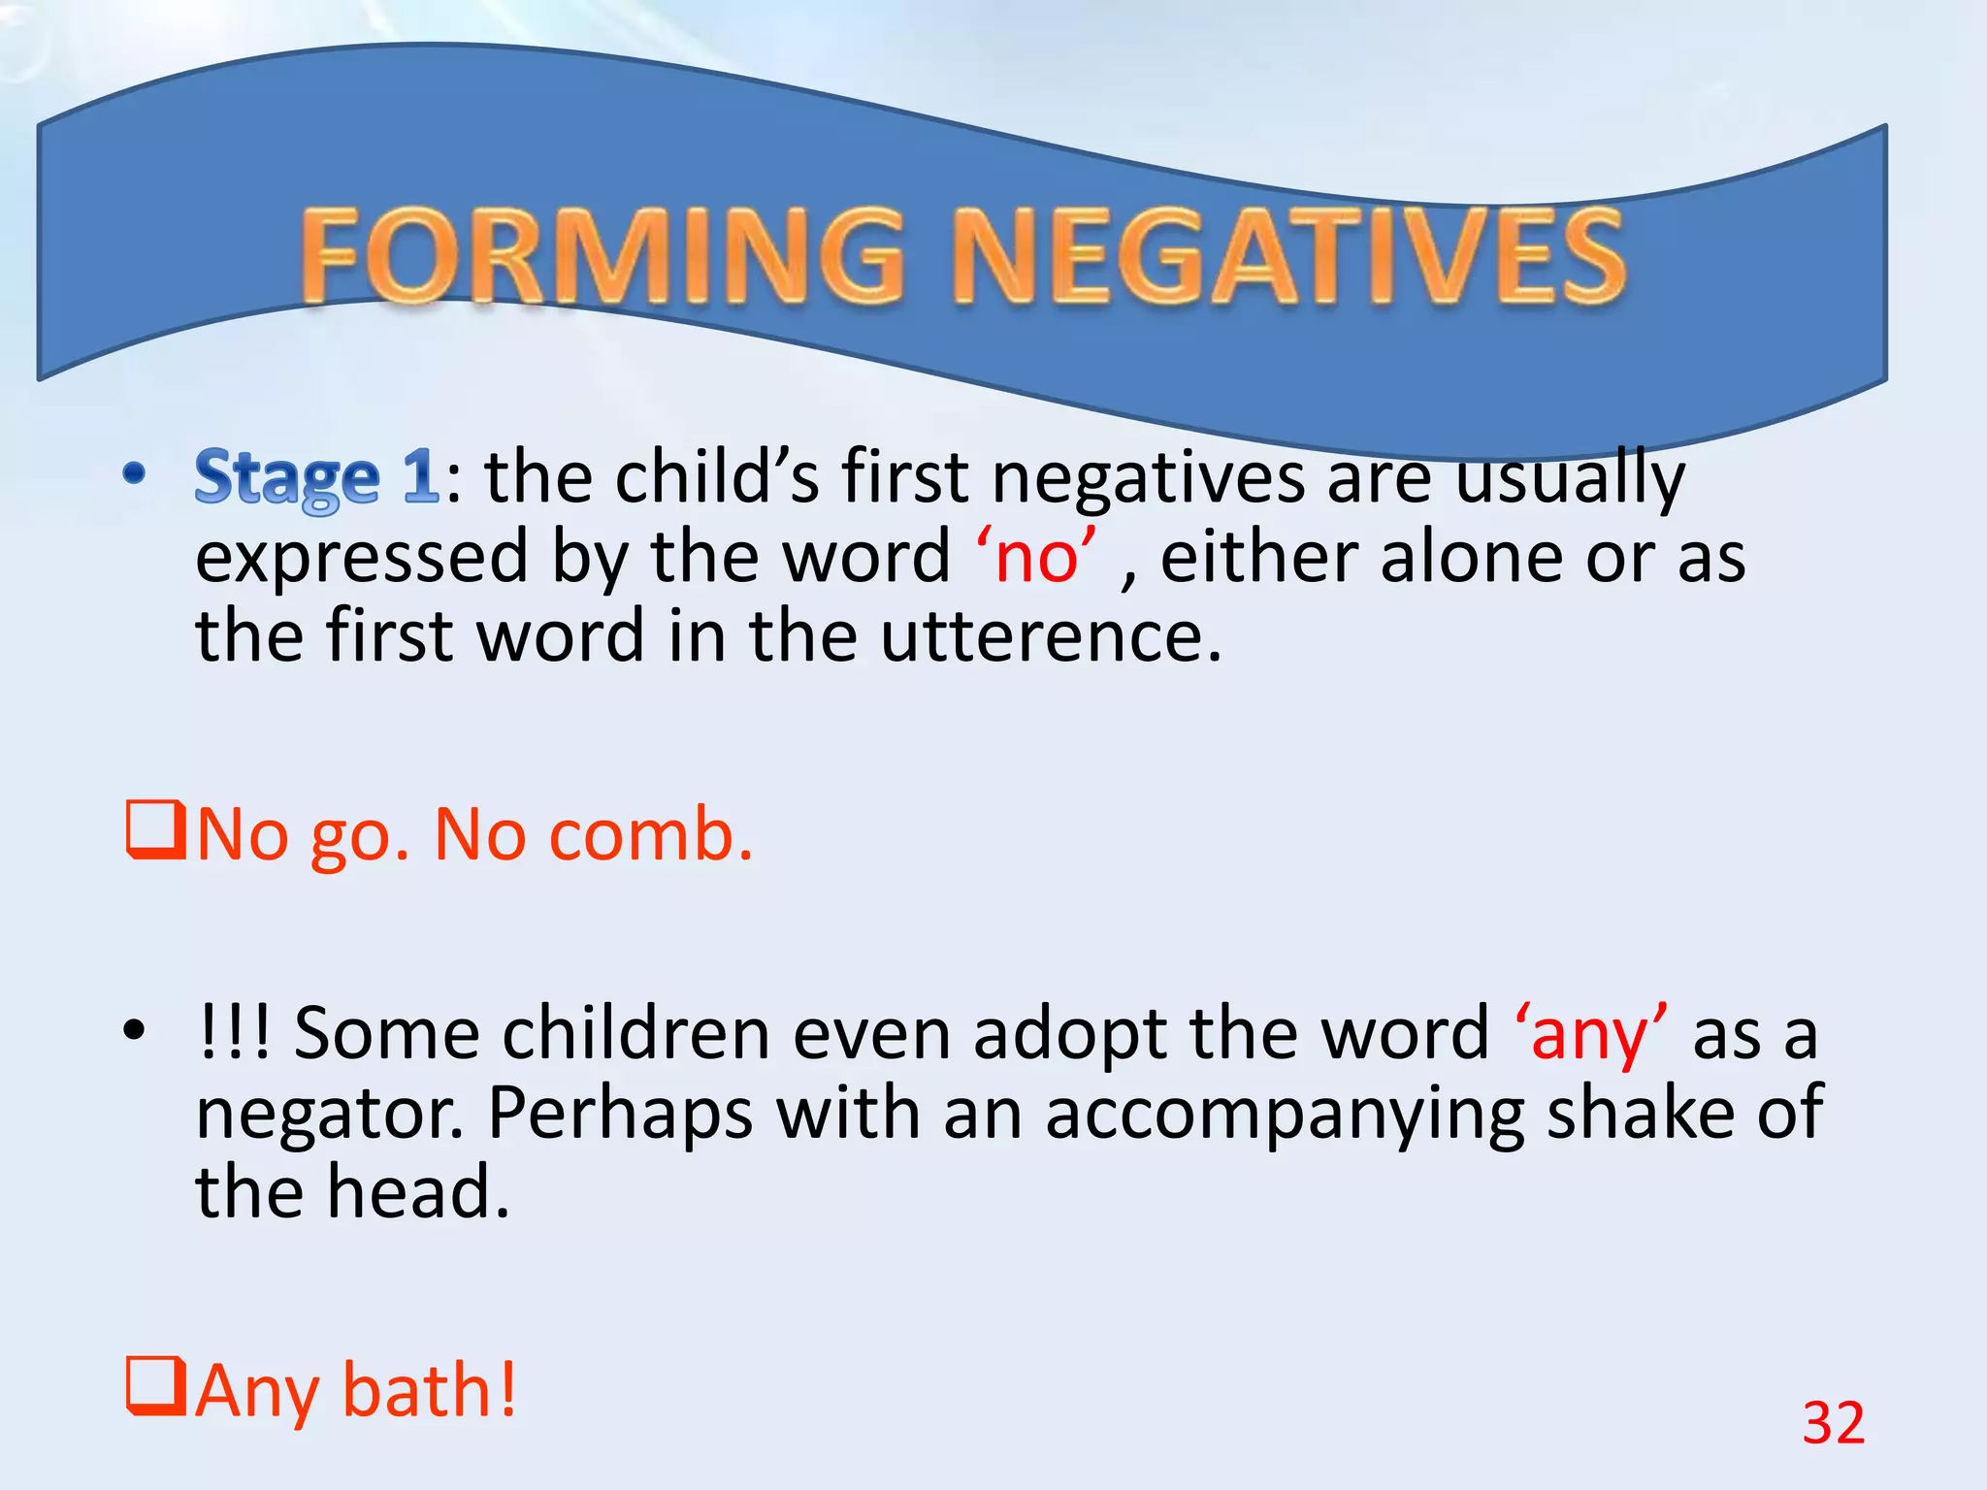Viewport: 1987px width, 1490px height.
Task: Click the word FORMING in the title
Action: pyautogui.click(x=602, y=257)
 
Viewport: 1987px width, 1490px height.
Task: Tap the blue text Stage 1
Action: pyautogui.click(x=316, y=477)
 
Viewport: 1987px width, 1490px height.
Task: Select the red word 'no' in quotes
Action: pyautogui.click(x=1036, y=559)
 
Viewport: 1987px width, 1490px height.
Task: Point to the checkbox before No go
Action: pyautogui.click(x=155, y=830)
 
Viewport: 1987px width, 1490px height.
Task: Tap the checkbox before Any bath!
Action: pyautogui.click(x=155, y=1387)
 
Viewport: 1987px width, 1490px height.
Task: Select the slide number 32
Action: pyautogui.click(x=1833, y=1423)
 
